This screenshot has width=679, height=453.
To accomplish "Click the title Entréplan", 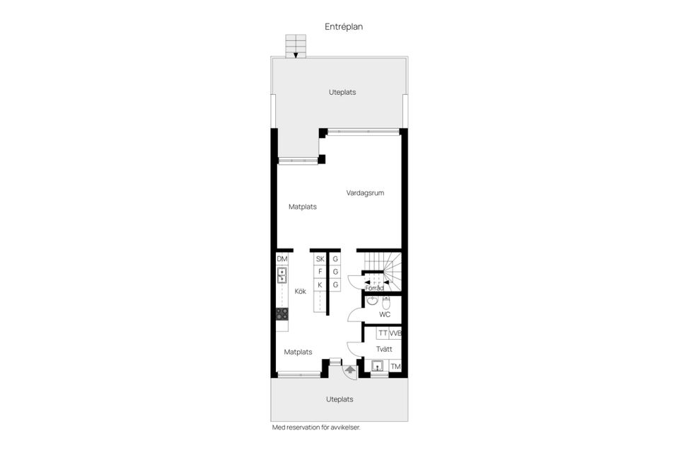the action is (344, 27).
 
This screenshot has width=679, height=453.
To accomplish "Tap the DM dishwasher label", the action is (282, 259).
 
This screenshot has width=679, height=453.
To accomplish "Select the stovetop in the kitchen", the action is (282, 314).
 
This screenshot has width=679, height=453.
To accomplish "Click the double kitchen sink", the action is (282, 275).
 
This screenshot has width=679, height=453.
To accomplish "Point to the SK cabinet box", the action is (320, 259).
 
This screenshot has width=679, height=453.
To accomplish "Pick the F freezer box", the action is (320, 272).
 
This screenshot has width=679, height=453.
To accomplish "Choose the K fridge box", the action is (320, 285).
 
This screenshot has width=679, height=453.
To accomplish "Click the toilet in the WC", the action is (386, 303).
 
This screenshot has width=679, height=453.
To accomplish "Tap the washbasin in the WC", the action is (372, 301).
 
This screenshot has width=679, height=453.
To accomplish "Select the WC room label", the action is (385, 315).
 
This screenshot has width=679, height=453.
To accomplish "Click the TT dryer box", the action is (383, 333).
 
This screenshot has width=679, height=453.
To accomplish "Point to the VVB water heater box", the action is (395, 333).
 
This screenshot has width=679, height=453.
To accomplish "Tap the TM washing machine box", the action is (396, 367).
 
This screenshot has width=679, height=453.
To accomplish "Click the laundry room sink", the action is (378, 366).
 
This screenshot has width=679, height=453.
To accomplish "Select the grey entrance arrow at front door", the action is (350, 370).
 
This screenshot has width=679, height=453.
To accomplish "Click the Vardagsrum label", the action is (365, 193).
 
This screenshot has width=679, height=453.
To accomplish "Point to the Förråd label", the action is (374, 288).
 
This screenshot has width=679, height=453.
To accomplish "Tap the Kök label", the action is (300, 292).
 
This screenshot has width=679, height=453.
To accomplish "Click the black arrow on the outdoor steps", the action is (296, 55).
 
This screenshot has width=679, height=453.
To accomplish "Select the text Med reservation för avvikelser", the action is (316, 428).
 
